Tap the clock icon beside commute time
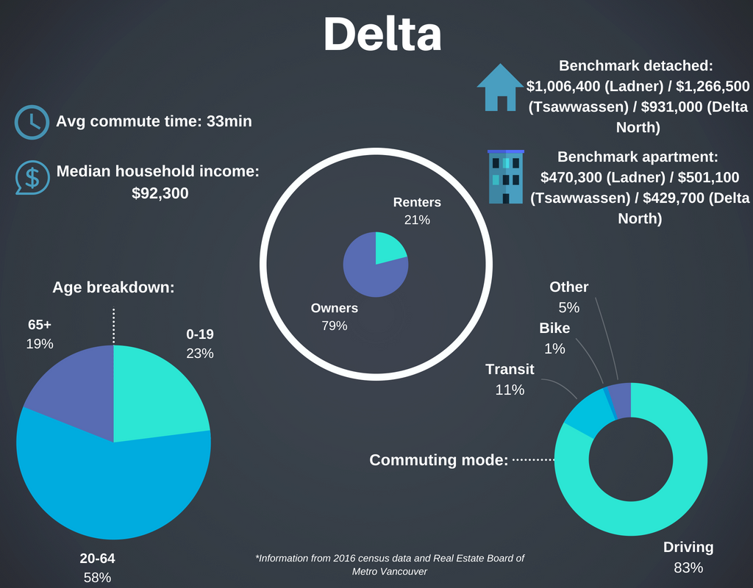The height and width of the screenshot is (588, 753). pyautogui.click(x=32, y=122)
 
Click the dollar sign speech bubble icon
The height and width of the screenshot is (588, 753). pyautogui.click(x=32, y=177)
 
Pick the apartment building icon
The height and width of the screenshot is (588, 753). pyautogui.click(x=506, y=176)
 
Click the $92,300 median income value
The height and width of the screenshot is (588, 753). pyautogui.click(x=158, y=193)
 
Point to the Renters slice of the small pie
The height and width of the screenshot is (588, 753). pyautogui.click(x=388, y=248)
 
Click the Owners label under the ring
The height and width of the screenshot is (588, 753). pyautogui.click(x=334, y=308)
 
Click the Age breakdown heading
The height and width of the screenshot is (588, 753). pyautogui.click(x=113, y=287)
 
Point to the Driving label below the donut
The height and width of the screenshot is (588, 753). pyautogui.click(x=688, y=547)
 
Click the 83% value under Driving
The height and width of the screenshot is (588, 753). pyautogui.click(x=688, y=567)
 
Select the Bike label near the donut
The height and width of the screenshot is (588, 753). pyautogui.click(x=554, y=328)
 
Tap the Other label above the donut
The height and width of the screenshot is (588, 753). pyautogui.click(x=568, y=287)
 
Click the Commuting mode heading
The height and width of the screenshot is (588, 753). pyautogui.click(x=438, y=460)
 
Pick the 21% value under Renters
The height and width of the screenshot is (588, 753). pyautogui.click(x=416, y=219)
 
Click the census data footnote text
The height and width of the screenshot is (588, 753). pyautogui.click(x=390, y=564)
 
